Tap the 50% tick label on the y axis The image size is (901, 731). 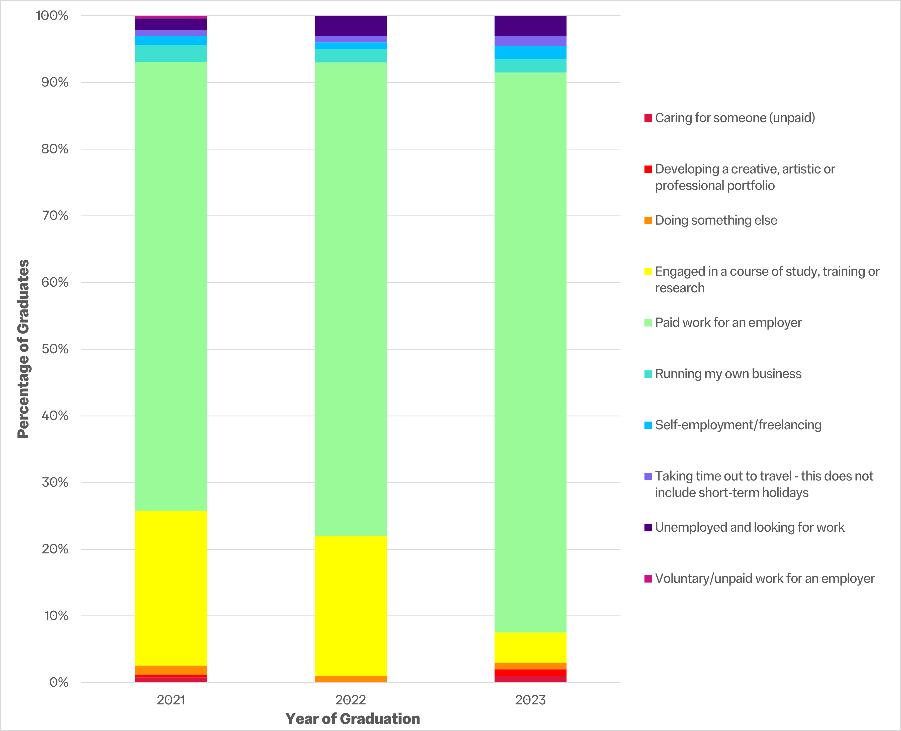[55, 349]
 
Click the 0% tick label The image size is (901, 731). [58, 682]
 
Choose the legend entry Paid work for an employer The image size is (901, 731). [728, 322]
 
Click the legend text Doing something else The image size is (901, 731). [716, 220]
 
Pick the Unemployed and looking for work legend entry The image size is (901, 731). [750, 527]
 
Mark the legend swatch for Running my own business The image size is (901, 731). [648, 374]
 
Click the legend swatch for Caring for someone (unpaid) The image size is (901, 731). [648, 118]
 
